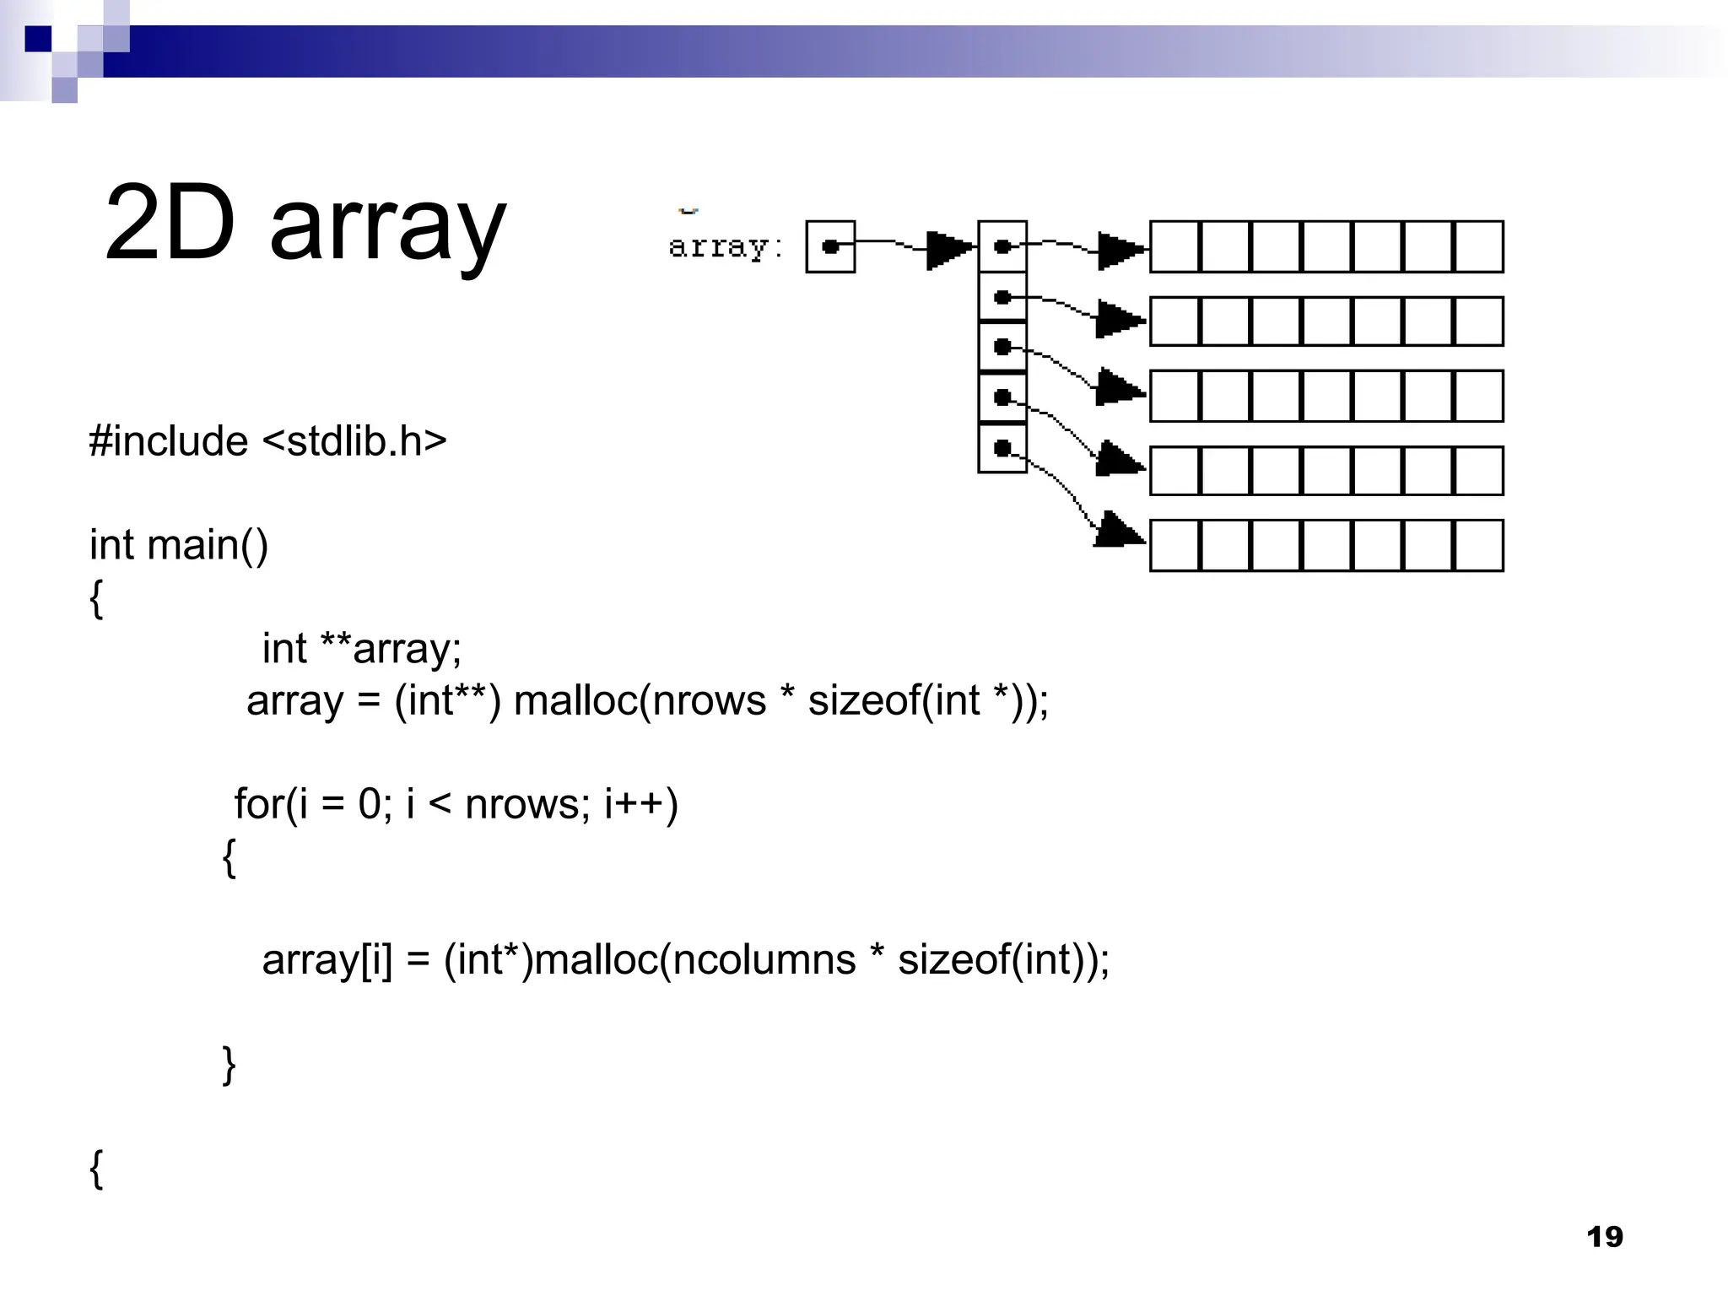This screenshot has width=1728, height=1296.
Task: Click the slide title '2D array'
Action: pos(305,224)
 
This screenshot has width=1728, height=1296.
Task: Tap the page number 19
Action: pos(1604,1237)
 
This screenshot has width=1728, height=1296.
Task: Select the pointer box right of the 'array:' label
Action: pos(830,246)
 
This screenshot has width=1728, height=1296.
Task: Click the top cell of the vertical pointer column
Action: pos(1002,246)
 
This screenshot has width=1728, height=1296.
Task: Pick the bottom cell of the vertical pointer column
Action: pos(1002,448)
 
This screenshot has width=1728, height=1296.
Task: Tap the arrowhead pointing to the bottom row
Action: pos(1119,532)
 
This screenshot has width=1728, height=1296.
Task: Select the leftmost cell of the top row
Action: pos(1174,246)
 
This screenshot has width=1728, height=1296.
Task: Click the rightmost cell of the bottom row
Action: pos(1479,546)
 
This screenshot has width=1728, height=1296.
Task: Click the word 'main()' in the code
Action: pos(208,544)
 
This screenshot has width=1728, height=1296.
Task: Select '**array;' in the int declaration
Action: pos(391,649)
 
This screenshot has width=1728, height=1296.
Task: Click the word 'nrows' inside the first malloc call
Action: pos(709,700)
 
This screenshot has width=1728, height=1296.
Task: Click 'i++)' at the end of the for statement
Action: pos(641,803)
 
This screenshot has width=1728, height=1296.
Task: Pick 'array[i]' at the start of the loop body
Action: pos(327,959)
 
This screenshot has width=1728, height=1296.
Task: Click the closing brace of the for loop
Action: pos(229,1064)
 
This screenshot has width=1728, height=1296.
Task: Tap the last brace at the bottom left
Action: pos(96,1169)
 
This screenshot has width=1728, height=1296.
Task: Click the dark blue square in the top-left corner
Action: pos(38,39)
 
